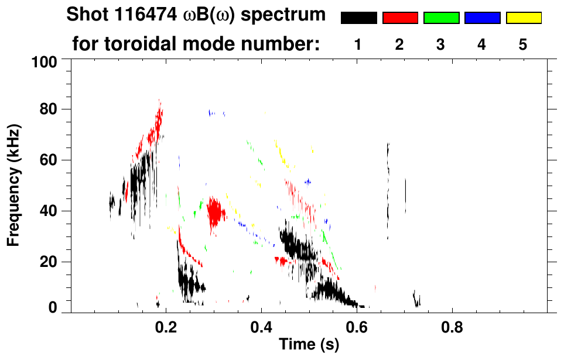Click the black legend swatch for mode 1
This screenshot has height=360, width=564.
tap(358, 18)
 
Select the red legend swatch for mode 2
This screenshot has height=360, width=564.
tap(400, 18)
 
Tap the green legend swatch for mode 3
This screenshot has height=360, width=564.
tap(441, 18)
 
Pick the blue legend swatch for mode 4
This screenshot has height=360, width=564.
tap(482, 18)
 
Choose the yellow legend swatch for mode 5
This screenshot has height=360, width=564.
tap(524, 18)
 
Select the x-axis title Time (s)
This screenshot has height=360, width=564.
tap(308, 345)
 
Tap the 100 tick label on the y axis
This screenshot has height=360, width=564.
tap(44, 61)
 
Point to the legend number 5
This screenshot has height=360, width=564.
tap(523, 44)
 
